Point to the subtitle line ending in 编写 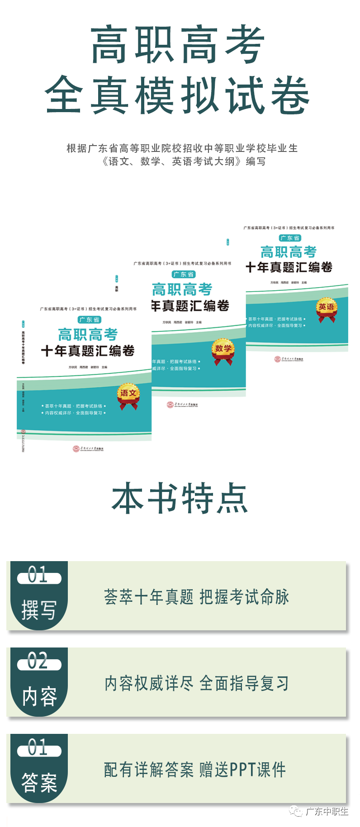tap(183, 161)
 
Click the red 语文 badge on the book tap(128, 395)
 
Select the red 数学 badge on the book tap(223, 350)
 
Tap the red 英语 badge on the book tap(326, 309)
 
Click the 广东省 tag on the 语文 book tap(89, 320)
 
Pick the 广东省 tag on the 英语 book tap(290, 238)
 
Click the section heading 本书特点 tap(180, 498)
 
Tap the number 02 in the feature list tap(38, 661)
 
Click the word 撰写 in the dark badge tap(39, 610)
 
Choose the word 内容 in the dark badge tap(40, 696)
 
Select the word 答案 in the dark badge tap(39, 782)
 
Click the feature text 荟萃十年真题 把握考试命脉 tap(196, 597)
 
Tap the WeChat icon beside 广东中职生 tap(296, 811)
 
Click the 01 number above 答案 tap(38, 747)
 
